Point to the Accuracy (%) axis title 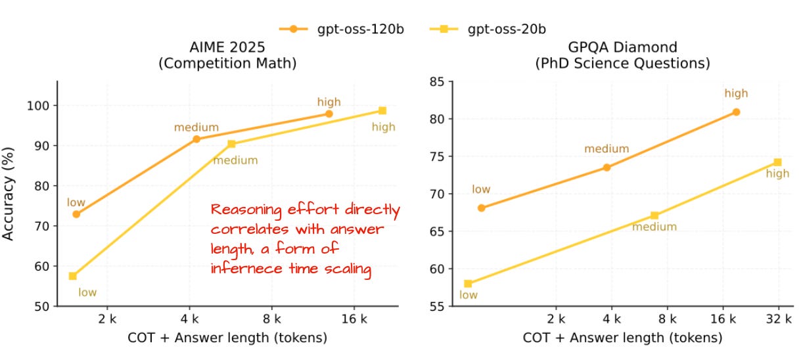pyautogui.click(x=9, y=193)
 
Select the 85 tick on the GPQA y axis pyautogui.click(x=436, y=81)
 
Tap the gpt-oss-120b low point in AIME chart pyautogui.click(x=76, y=214)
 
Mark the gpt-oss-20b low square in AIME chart pyautogui.click(x=72, y=276)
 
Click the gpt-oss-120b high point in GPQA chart pyautogui.click(x=736, y=112)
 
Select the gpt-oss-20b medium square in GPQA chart pyautogui.click(x=654, y=215)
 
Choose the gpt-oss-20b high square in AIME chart pyautogui.click(x=382, y=110)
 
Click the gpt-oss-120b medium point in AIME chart pyautogui.click(x=196, y=139)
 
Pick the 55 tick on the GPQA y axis pyautogui.click(x=436, y=306)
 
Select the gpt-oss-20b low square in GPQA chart pyautogui.click(x=468, y=284)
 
